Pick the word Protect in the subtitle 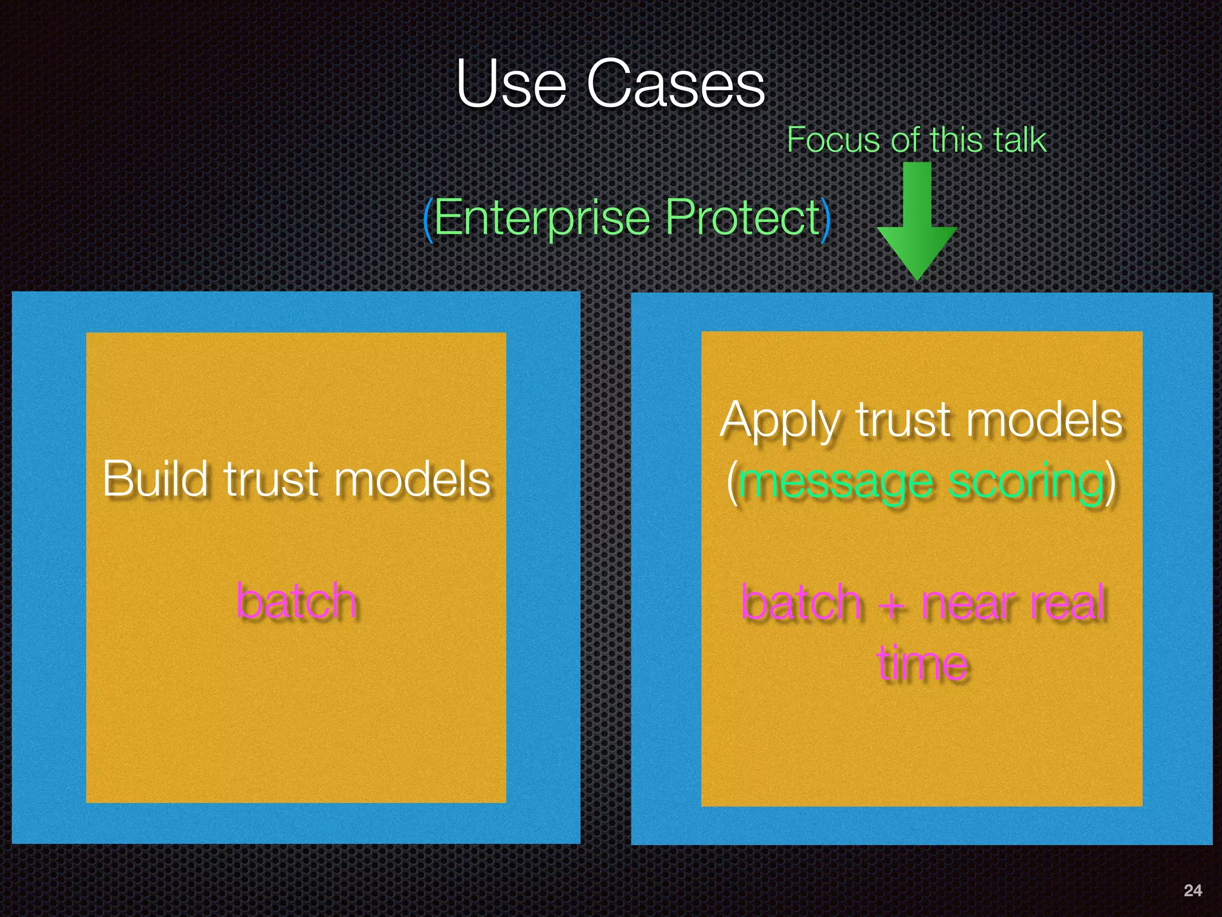coord(743,218)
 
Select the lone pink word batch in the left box coord(297,601)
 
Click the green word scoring coord(1026,482)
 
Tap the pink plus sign coord(891,604)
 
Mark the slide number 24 coord(1192,890)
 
